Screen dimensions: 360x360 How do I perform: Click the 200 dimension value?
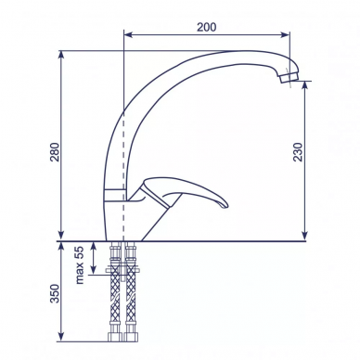[207, 27]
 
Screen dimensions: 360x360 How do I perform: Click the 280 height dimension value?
[55, 152]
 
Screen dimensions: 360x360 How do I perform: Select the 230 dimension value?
[298, 152]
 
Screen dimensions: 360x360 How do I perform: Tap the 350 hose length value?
[55, 293]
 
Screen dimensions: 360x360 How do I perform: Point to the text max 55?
[80, 265]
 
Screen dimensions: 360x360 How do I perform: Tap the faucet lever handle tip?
[225, 205]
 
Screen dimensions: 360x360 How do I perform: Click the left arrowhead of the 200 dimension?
[128, 34]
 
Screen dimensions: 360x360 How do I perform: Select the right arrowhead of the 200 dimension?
[286, 34]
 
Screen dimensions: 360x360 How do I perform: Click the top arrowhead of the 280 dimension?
[61, 55]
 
